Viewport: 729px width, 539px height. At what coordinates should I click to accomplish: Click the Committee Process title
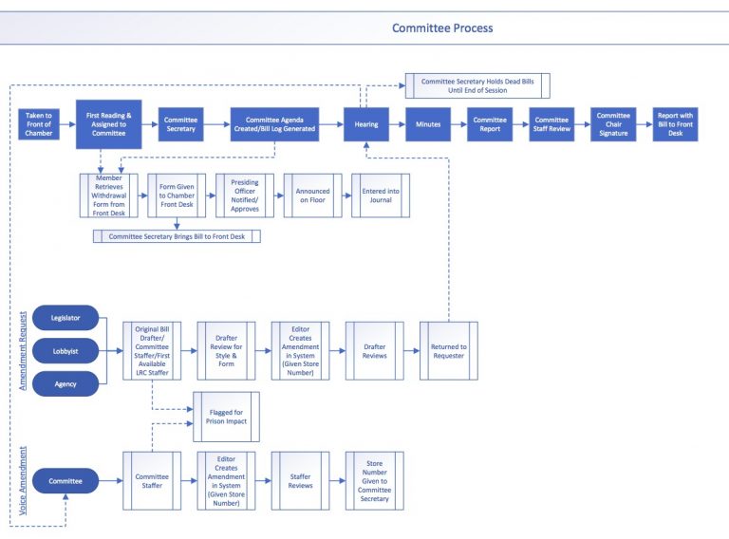(442, 28)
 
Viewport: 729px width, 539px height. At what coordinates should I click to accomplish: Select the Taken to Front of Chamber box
(39, 124)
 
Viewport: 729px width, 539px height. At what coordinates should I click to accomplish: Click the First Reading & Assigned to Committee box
(109, 124)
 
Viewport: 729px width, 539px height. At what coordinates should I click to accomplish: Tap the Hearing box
(366, 124)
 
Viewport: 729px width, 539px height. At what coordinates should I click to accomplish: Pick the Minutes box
(428, 124)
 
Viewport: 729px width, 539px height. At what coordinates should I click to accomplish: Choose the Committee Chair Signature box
(613, 124)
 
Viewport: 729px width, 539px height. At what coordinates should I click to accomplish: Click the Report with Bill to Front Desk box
(675, 124)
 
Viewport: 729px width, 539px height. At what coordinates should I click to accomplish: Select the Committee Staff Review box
(551, 124)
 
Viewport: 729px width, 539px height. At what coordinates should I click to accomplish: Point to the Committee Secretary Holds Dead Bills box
(477, 86)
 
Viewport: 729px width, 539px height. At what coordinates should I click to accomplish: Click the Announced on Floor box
(313, 195)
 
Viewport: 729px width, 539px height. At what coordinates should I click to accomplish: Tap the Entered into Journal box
(382, 195)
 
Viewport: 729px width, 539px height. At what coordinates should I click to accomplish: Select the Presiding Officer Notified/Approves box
(245, 195)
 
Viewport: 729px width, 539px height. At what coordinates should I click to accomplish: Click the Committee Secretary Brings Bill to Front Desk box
(177, 236)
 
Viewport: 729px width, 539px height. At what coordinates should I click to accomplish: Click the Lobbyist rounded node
(65, 350)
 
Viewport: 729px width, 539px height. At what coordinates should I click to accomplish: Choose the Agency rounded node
(65, 383)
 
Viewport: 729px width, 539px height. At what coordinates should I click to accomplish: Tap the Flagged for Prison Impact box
(226, 416)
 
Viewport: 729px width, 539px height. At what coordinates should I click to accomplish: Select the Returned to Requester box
(449, 350)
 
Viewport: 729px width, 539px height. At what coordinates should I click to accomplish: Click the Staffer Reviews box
(300, 481)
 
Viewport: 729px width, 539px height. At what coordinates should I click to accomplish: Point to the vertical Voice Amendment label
(22, 481)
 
